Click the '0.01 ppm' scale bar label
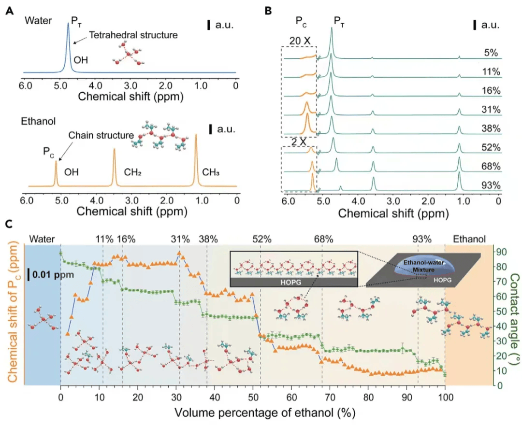[x=50, y=275]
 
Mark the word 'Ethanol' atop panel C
[x=469, y=239]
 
